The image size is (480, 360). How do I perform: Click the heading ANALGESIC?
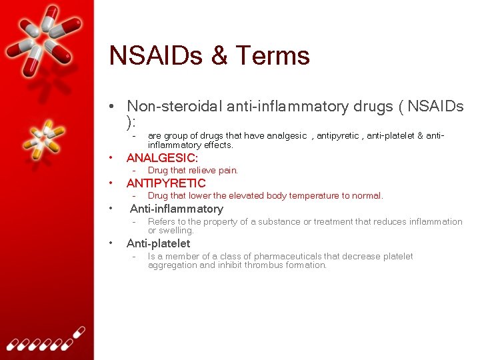[x=162, y=158]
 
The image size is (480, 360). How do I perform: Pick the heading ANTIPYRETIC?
[x=166, y=183]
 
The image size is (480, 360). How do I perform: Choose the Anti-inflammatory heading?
[x=176, y=209]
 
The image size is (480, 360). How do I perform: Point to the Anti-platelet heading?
[x=158, y=243]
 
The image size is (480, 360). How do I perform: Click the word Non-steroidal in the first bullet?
[x=175, y=106]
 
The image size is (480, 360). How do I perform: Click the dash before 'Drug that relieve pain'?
[x=134, y=171]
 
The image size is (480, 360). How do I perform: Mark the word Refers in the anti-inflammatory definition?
[x=161, y=221]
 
